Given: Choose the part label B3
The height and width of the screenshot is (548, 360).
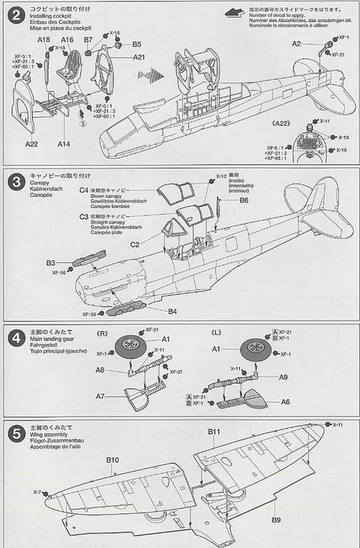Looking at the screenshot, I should pos(51,263).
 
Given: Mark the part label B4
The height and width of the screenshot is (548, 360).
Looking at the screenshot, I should pos(172,310).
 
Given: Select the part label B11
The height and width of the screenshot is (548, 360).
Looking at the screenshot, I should pos(213,433).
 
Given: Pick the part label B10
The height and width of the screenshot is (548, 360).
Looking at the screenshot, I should pos(113,459).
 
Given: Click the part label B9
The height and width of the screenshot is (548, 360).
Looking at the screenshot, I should pos(275,520).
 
